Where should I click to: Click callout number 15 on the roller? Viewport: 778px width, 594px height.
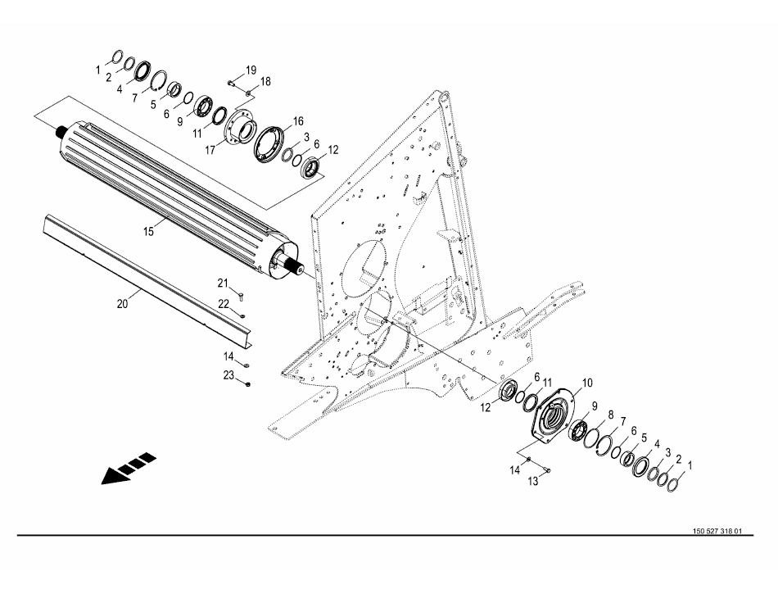(x=149, y=232)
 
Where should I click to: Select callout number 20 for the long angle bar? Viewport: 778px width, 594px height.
(x=122, y=303)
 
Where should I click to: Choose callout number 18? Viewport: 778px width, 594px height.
(x=265, y=82)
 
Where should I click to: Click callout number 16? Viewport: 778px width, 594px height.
(x=298, y=120)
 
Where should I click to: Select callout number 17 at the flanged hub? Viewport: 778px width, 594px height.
(x=210, y=149)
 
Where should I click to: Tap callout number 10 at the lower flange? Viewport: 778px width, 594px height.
(x=586, y=383)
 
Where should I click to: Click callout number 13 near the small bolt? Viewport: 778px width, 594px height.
(x=534, y=482)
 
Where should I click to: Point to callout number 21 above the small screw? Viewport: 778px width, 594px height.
(x=222, y=283)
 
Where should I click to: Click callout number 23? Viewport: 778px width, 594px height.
(x=229, y=374)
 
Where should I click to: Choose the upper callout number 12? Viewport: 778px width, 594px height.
(x=333, y=150)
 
